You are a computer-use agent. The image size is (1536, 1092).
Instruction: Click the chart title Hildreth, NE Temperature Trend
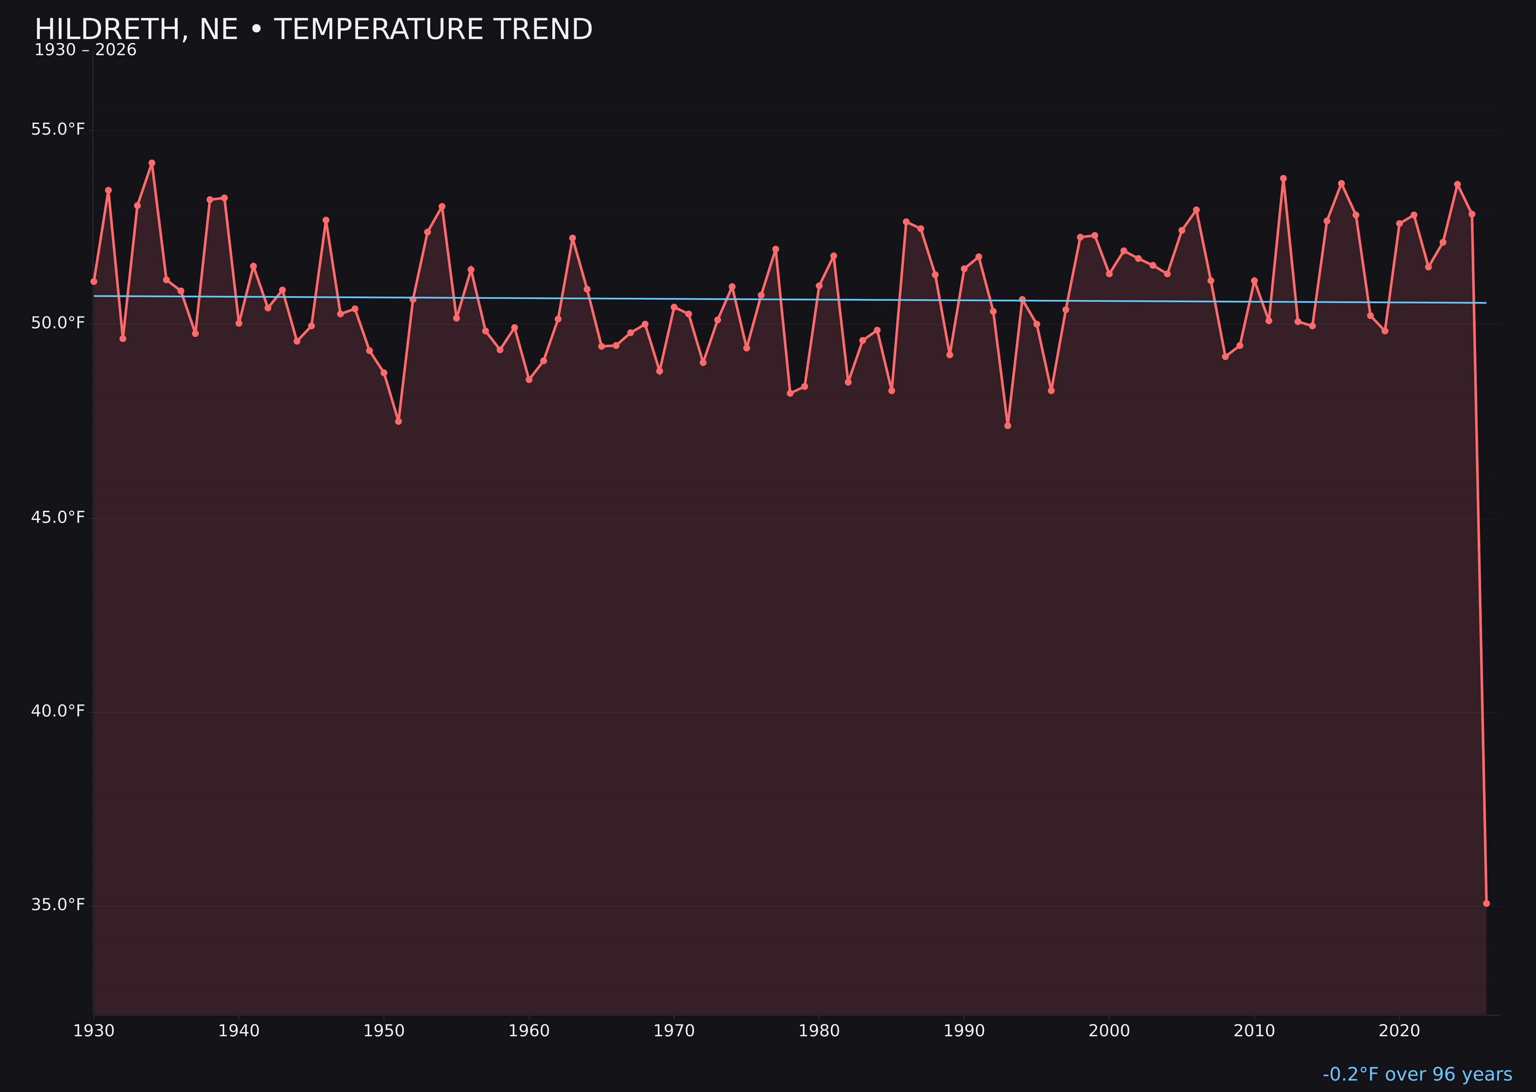[313, 30]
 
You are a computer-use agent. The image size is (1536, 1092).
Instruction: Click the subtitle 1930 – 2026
[85, 50]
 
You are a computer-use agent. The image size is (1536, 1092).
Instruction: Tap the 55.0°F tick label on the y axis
[58, 129]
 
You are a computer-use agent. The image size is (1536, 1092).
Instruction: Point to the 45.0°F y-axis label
[58, 517]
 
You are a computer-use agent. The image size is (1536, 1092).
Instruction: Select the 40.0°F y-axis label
[58, 711]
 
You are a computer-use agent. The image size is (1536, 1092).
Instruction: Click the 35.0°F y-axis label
[58, 904]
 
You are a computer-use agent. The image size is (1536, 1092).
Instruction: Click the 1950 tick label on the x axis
[384, 1031]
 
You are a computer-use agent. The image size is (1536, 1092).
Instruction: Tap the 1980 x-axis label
[819, 1031]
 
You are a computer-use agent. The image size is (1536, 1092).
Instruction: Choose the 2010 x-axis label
[1254, 1031]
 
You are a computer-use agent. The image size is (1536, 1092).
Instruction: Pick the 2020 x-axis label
[1399, 1031]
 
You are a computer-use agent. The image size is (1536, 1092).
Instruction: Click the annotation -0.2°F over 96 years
[1417, 1074]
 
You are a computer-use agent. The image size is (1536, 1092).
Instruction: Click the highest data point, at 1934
[152, 163]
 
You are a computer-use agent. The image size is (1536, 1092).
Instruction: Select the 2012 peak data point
[1283, 178]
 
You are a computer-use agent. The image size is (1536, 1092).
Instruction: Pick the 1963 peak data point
[572, 238]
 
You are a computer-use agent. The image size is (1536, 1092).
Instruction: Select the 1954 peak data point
[442, 207]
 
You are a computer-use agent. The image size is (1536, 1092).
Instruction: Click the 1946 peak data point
[326, 220]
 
